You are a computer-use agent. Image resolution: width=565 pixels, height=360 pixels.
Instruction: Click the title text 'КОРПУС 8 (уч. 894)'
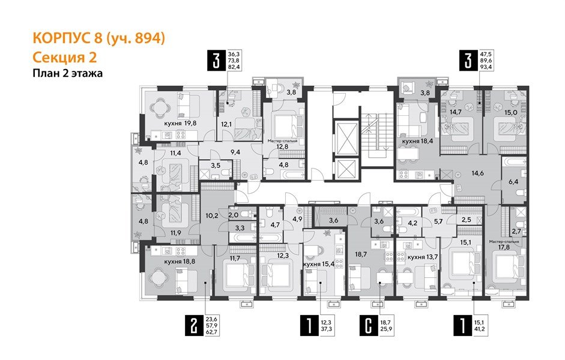(x=98, y=39)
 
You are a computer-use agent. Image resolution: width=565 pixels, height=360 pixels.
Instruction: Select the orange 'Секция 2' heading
(x=63, y=58)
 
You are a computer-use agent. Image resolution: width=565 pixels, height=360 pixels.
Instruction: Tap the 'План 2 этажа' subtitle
(x=68, y=74)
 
